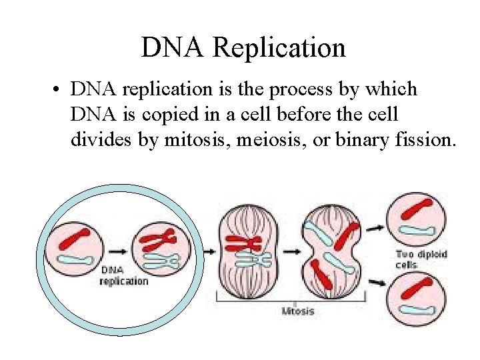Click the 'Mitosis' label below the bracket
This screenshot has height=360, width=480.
tap(298, 311)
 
